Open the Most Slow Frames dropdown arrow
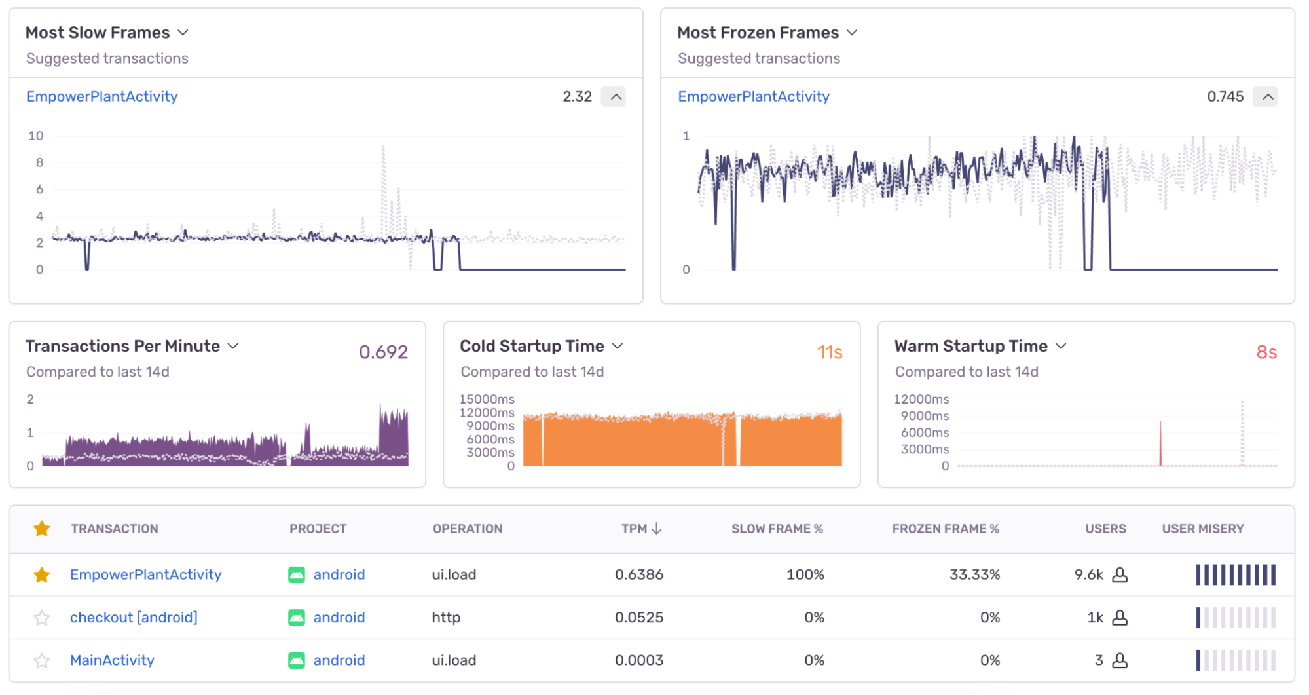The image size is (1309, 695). pos(183,33)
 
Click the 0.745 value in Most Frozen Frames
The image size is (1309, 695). pos(1225,97)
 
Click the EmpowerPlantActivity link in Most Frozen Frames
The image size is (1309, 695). pos(753,97)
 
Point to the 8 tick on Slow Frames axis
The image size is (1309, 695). pos(39,162)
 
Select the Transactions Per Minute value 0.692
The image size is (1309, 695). pos(383,352)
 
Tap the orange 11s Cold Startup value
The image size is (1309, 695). pos(829,352)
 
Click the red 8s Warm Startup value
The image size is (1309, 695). pos(1266,352)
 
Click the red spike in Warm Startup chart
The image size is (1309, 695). pos(1160,445)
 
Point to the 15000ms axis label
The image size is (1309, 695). pos(487,399)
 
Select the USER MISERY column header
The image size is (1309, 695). pos(1202,529)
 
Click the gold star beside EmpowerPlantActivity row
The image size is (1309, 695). pos(42,575)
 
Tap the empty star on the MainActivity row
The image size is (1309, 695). pos(42,660)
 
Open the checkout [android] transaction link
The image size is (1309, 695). pos(134,618)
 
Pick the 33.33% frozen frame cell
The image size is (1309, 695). pos(974,575)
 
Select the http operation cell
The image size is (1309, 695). pos(446,618)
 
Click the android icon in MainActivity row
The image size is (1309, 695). pos(297,660)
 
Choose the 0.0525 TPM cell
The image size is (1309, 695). pos(638,618)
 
